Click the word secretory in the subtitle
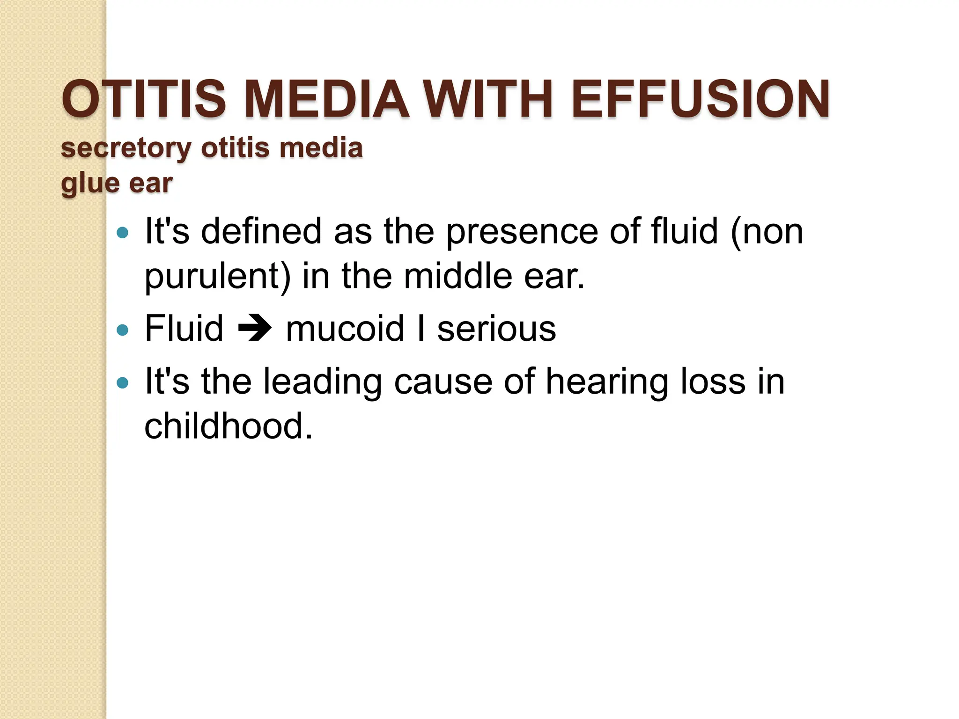pos(126,149)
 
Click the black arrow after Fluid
pos(254,329)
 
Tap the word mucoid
pos(345,329)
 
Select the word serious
pos(496,329)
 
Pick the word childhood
pos(228,426)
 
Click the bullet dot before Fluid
pos(122,330)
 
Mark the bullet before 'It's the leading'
pos(122,383)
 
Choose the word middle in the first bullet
pos(458,276)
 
